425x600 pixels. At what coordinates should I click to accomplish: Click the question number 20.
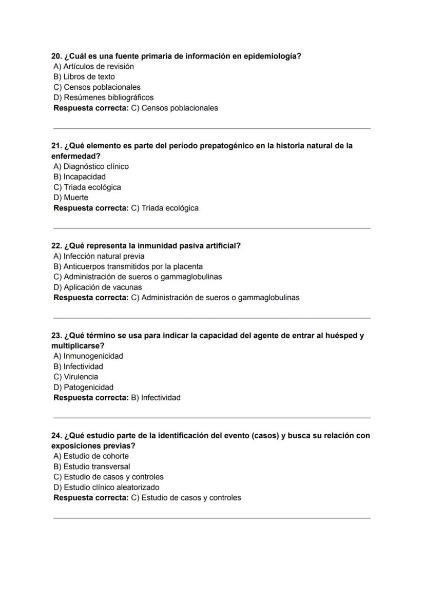coord(56,56)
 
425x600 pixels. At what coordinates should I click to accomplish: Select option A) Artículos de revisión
coord(93,66)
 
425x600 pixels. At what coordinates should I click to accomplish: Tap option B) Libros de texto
coord(84,76)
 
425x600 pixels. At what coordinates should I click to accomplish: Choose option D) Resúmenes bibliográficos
coord(103,97)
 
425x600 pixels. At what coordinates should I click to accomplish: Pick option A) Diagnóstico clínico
coord(91,166)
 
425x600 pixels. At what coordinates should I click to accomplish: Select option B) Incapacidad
coord(80,177)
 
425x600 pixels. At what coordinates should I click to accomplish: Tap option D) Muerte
coord(71,197)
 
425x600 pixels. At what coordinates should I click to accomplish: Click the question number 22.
coord(56,246)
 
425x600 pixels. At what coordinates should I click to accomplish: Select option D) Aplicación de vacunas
coord(98,287)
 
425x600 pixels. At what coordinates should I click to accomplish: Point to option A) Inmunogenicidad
coord(88,356)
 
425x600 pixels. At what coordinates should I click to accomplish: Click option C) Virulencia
coord(75,376)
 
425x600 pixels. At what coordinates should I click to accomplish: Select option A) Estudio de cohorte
coord(91,456)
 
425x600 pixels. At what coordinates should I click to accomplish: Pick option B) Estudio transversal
coord(91,467)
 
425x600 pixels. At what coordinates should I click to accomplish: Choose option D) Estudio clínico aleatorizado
coord(106,487)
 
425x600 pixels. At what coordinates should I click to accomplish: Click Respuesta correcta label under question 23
coord(91,397)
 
